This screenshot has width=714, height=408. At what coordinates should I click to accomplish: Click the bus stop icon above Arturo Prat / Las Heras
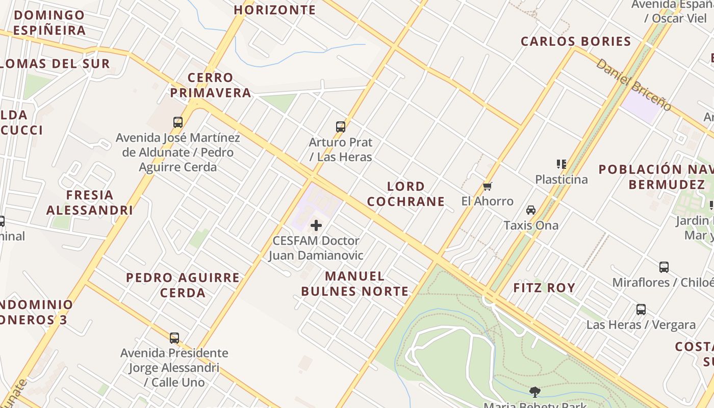341,127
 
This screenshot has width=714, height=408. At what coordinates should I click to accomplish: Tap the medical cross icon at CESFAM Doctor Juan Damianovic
316,225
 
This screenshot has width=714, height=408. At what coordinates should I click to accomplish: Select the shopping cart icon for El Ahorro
487,186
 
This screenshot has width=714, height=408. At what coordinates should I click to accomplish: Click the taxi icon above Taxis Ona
531,210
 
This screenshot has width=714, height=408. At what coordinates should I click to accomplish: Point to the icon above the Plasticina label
562,164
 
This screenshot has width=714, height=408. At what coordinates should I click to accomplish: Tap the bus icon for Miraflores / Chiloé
664,267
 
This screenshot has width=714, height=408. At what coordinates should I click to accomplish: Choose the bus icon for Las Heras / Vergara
641,309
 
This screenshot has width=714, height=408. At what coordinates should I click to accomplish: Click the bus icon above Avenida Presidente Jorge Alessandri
174,338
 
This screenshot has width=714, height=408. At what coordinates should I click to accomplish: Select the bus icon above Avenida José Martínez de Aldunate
178,122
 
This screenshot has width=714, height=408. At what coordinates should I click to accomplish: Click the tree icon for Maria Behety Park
535,392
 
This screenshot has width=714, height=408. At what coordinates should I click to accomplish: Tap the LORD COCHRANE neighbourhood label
406,194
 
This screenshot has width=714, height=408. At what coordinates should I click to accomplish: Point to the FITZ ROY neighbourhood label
544,288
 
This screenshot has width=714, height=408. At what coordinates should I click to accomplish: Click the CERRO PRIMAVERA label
211,85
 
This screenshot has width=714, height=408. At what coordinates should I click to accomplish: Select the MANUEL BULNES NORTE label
355,284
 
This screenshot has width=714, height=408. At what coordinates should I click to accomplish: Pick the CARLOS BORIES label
576,41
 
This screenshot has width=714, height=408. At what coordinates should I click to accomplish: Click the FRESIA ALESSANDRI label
90,202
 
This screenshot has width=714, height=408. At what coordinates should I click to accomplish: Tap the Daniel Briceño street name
633,85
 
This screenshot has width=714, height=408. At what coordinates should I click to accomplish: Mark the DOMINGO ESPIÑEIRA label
49,22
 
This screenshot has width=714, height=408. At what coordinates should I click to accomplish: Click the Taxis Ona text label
531,225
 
